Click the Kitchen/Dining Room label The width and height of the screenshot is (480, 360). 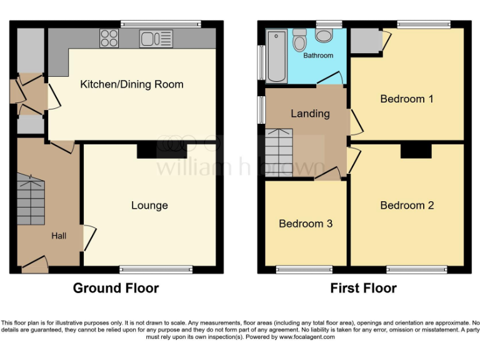[x=132, y=84]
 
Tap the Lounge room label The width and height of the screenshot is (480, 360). [x=149, y=206]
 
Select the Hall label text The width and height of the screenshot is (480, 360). [x=59, y=236]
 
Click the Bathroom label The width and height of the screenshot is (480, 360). [x=318, y=56]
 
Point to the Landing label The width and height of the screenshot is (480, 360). [x=310, y=114]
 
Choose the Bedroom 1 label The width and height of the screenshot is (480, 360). [x=407, y=99]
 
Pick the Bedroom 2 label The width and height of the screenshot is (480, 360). [x=407, y=206]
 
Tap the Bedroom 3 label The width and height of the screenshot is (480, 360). [x=306, y=224]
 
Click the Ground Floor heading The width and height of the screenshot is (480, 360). [x=116, y=288]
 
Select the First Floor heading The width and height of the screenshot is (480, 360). [x=363, y=288]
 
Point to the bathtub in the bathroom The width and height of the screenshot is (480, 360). [x=276, y=56]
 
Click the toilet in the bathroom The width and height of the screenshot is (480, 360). [x=299, y=41]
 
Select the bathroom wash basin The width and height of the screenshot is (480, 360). [x=324, y=35]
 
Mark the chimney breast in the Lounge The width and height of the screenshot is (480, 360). [x=162, y=151]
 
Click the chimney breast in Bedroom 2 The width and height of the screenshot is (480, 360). [x=416, y=151]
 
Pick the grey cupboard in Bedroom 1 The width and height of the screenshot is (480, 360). [x=364, y=41]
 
